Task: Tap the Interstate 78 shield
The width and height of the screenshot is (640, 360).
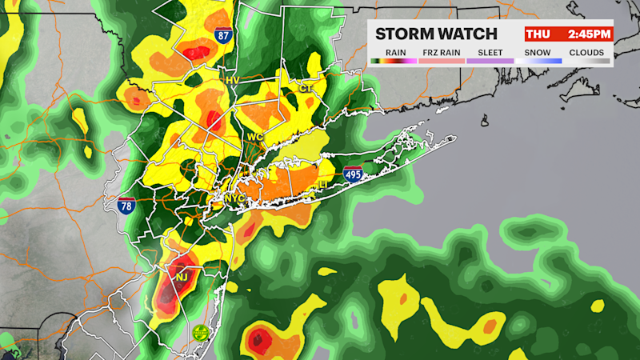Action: pyautogui.click(x=126, y=206)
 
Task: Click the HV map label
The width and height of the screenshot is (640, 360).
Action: pyautogui.click(x=233, y=80)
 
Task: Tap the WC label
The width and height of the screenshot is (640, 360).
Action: pyautogui.click(x=255, y=137)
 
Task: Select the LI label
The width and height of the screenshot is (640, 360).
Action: pyautogui.click(x=324, y=184)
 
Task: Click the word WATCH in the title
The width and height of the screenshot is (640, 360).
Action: pyautogui.click(x=468, y=34)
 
